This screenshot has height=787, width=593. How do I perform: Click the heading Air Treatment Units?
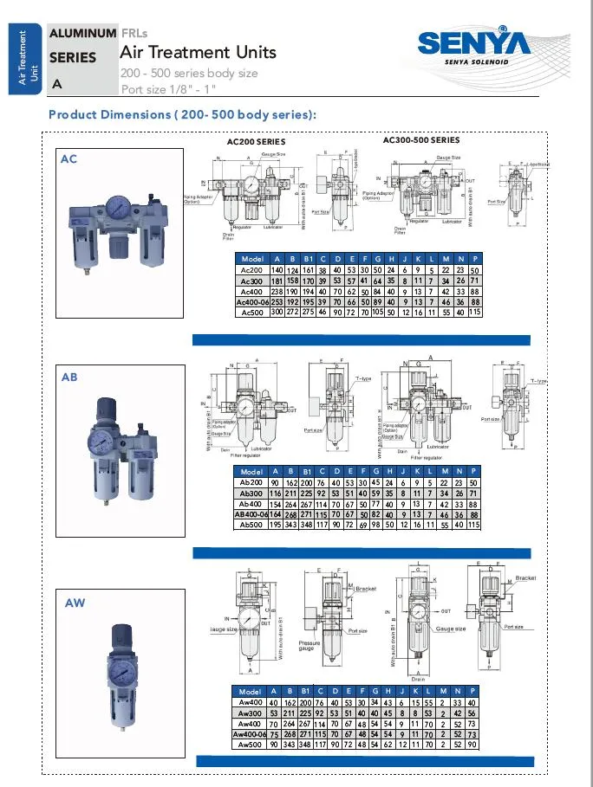coord(198,52)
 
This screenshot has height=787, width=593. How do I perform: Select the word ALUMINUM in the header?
coord(82,33)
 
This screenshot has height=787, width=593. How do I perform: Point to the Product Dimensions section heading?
coord(182,114)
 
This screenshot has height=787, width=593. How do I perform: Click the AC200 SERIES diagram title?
coord(256,141)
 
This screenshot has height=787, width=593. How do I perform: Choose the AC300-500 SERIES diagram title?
coord(421,139)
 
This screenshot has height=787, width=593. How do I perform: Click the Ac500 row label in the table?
coord(251,312)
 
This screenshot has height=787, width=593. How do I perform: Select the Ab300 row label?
coord(251,492)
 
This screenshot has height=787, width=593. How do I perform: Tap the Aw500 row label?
coord(251,744)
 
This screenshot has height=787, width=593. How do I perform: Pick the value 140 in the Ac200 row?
coord(277,270)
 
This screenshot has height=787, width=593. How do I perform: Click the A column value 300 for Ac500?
coord(277,312)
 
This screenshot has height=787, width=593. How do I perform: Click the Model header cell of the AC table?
coord(252,259)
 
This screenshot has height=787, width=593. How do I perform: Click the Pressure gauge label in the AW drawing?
coord(310,648)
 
